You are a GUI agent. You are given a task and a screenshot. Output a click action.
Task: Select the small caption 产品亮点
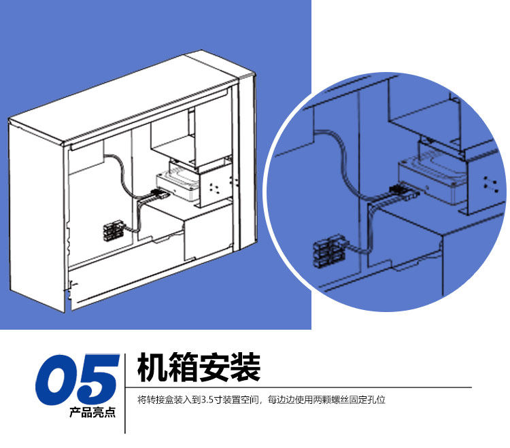[92, 413]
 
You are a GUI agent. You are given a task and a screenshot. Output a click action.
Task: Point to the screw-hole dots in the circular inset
[488, 180]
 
